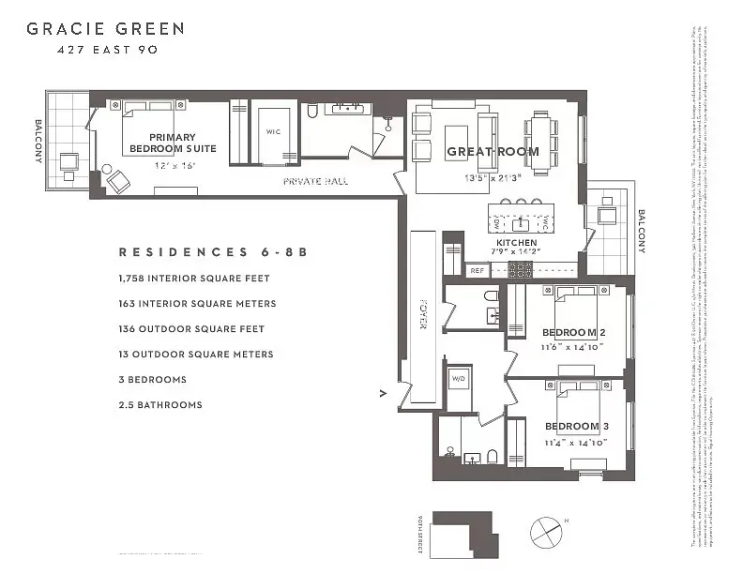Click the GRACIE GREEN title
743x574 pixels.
click(105, 28)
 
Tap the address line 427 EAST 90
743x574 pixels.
click(105, 50)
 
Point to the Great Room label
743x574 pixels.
click(493, 151)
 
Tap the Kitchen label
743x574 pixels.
click(516, 243)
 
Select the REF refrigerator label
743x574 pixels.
click(477, 270)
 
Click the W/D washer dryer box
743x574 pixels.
click(459, 379)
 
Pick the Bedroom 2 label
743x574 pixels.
click(575, 332)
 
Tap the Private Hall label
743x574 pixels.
click(315, 181)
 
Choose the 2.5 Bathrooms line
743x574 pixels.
click(159, 405)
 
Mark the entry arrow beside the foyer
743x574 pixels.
click(383, 393)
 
